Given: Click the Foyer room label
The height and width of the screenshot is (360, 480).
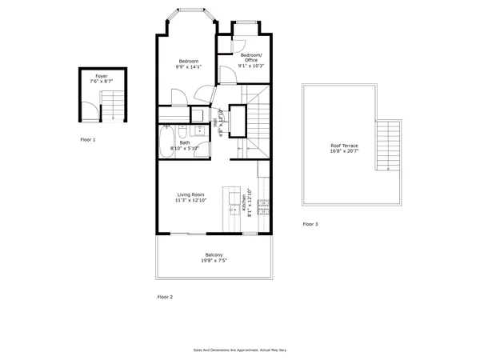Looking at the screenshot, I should (x=101, y=75).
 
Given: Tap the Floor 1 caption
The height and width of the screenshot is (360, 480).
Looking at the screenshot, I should (x=87, y=139).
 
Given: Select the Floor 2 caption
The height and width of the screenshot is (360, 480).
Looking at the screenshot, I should (x=165, y=297).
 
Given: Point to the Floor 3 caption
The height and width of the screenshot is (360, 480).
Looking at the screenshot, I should (x=310, y=225).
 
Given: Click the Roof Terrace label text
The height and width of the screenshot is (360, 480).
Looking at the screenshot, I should (x=344, y=146).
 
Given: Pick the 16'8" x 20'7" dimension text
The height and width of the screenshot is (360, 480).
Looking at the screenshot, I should (x=344, y=151).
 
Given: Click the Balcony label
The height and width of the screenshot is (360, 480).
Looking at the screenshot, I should (x=214, y=255).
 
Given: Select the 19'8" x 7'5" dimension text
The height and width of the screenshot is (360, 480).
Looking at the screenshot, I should (x=214, y=262).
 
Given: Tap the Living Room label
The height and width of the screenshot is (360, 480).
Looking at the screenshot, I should (x=190, y=194).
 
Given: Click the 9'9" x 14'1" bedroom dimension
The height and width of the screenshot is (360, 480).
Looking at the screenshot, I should (x=189, y=67).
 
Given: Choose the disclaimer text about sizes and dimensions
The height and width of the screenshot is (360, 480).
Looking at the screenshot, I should (x=239, y=350).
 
